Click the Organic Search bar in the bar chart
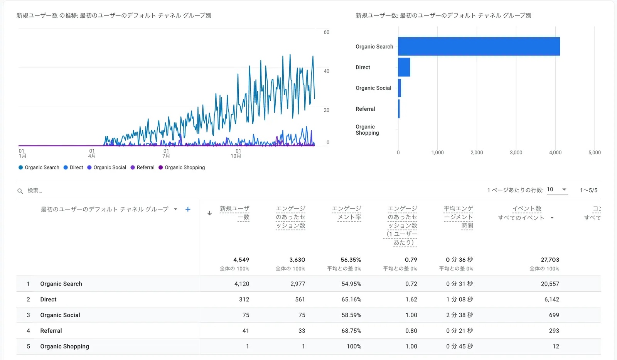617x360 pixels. [479, 46]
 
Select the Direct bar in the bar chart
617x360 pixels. [404, 67]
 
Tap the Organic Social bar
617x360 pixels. [400, 88]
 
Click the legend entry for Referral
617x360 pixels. [143, 167]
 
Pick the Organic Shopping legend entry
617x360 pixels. [182, 167]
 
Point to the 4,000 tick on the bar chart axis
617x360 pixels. [555, 152]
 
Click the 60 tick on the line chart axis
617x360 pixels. [327, 32]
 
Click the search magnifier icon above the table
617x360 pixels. [20, 191]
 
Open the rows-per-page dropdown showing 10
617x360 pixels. [557, 189]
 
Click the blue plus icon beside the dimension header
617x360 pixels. [188, 209]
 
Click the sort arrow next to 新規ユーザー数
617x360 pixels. [209, 213]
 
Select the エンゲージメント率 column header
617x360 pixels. [347, 213]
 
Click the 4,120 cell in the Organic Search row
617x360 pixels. [242, 284]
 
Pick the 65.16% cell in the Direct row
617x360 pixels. [351, 299]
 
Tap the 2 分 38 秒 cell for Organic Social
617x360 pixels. [459, 315]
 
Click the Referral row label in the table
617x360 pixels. [51, 331]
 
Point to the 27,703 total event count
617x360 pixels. [550, 260]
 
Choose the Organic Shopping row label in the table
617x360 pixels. [64, 346]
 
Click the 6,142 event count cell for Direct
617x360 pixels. [551, 299]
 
